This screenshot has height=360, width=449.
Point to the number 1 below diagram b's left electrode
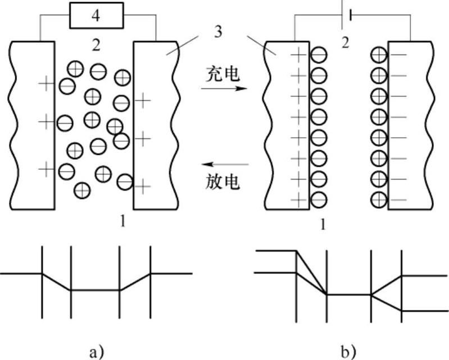(322, 224)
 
